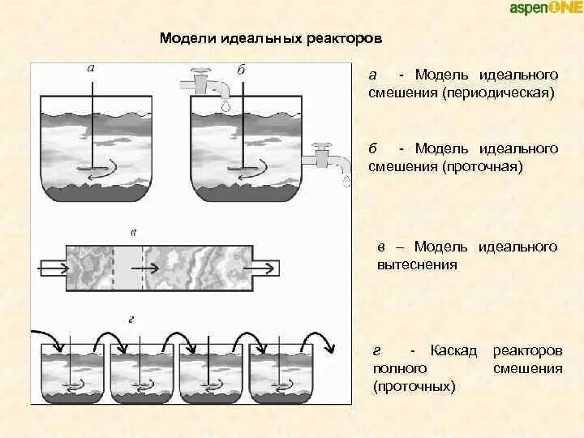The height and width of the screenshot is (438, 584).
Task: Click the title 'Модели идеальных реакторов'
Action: point(270,39)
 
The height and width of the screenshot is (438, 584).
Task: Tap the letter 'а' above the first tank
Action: point(90,68)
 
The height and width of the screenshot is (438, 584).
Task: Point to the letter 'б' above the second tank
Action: point(241,70)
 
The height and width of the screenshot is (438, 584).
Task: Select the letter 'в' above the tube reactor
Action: point(134,233)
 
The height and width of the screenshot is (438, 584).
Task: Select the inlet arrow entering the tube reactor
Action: point(53,265)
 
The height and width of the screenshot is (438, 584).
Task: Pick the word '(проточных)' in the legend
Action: point(414,387)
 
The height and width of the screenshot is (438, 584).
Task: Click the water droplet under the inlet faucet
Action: point(225,105)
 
